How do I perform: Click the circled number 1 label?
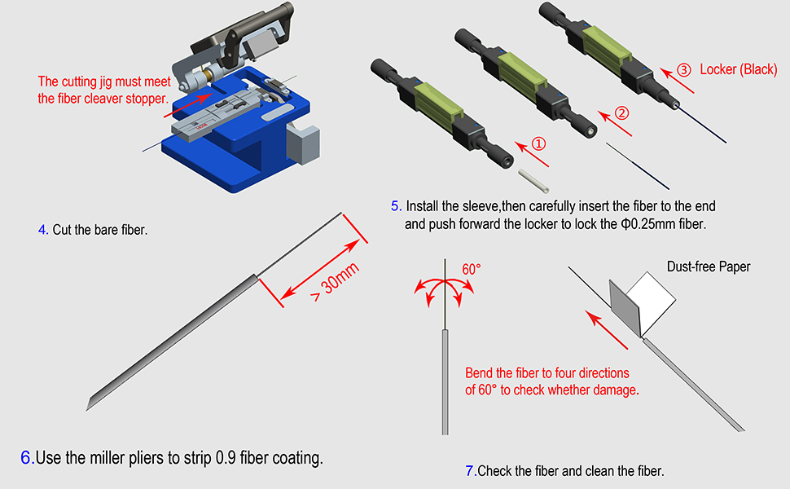[538, 143]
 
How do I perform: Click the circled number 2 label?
[621, 113]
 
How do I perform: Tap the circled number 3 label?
[683, 69]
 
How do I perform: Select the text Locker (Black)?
[739, 69]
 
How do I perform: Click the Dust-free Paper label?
[709, 267]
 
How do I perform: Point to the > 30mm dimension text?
[335, 282]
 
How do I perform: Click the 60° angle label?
[471, 269]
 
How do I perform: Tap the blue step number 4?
[42, 230]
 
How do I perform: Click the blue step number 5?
[396, 205]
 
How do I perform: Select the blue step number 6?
[27, 457]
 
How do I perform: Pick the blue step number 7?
[471, 471]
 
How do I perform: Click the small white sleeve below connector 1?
[533, 181]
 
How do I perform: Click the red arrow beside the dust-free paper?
[606, 330]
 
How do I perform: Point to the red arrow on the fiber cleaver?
[188, 105]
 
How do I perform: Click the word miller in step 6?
[108, 458]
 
